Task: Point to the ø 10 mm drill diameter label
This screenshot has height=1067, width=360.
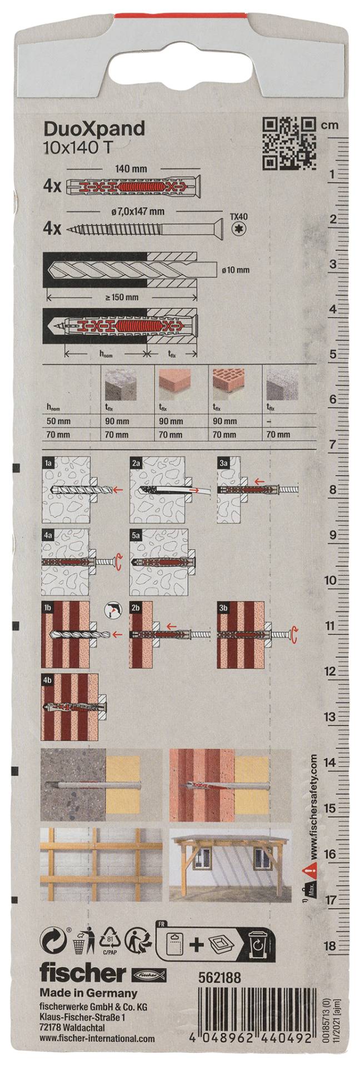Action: (235, 270)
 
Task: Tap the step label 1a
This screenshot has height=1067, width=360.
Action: (49, 462)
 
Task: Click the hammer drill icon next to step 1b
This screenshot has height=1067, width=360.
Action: (112, 611)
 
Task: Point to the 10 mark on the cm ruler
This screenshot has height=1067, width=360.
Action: (329, 580)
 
